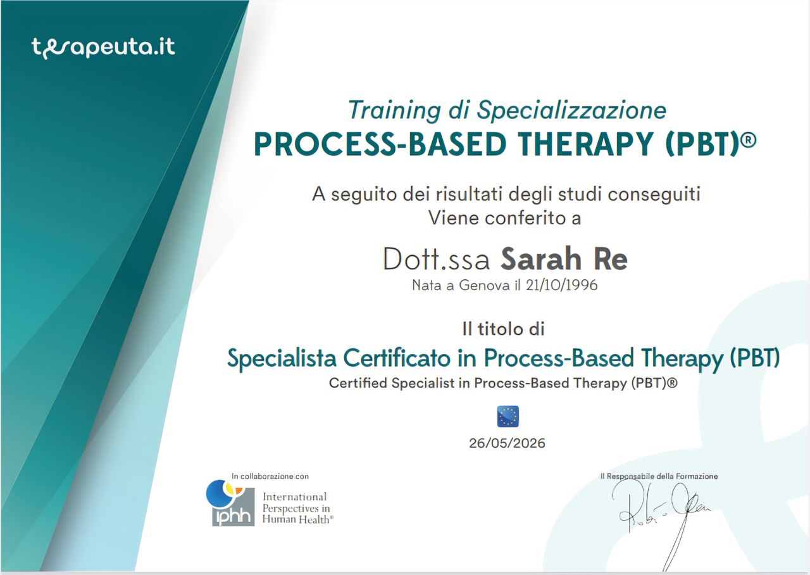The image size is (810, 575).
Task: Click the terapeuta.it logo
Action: (103, 47)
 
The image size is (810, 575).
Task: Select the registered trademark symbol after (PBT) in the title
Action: (750, 140)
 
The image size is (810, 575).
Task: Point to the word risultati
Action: (470, 194)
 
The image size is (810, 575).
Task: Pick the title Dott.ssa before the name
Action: (437, 259)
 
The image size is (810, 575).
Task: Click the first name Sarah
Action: (541, 259)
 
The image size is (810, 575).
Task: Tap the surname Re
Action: (610, 259)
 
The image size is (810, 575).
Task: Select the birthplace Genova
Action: (485, 286)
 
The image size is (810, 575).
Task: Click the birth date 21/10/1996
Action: (561, 286)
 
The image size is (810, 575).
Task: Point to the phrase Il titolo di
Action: (503, 329)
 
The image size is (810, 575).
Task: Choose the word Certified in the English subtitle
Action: (358, 383)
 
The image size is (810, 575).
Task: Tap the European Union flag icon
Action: (508, 416)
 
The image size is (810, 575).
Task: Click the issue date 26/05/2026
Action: (507, 443)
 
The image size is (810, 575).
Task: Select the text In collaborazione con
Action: (270, 476)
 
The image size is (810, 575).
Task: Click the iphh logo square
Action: (233, 506)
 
